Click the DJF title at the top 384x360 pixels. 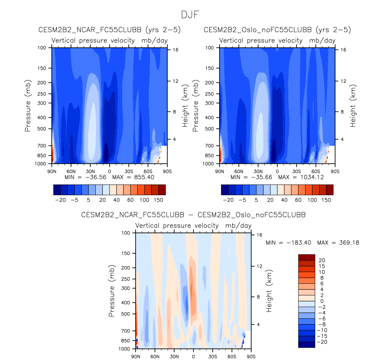click(x=190, y=14)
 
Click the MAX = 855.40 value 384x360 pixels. click(x=133, y=177)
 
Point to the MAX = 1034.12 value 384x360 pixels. click(x=301, y=177)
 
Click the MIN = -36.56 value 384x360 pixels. click(x=85, y=177)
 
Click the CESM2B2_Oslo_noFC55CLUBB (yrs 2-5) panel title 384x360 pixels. click(x=277, y=30)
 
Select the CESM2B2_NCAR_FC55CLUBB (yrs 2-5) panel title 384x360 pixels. click(x=109, y=30)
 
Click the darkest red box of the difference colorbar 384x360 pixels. click(x=306, y=257)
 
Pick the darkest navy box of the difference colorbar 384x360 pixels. click(x=306, y=345)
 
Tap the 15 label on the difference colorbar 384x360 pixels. click(x=322, y=266)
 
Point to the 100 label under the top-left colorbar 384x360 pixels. click(x=144, y=200)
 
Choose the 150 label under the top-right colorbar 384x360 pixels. click(x=326, y=200)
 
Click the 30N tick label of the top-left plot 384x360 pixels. click(x=90, y=172)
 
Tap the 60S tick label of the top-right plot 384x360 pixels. click(x=316, y=172)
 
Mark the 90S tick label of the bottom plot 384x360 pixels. click(x=251, y=356)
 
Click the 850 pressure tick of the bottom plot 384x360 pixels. click(x=126, y=341)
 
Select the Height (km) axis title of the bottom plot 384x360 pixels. click(x=269, y=291)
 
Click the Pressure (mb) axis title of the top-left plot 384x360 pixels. click(x=28, y=106)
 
